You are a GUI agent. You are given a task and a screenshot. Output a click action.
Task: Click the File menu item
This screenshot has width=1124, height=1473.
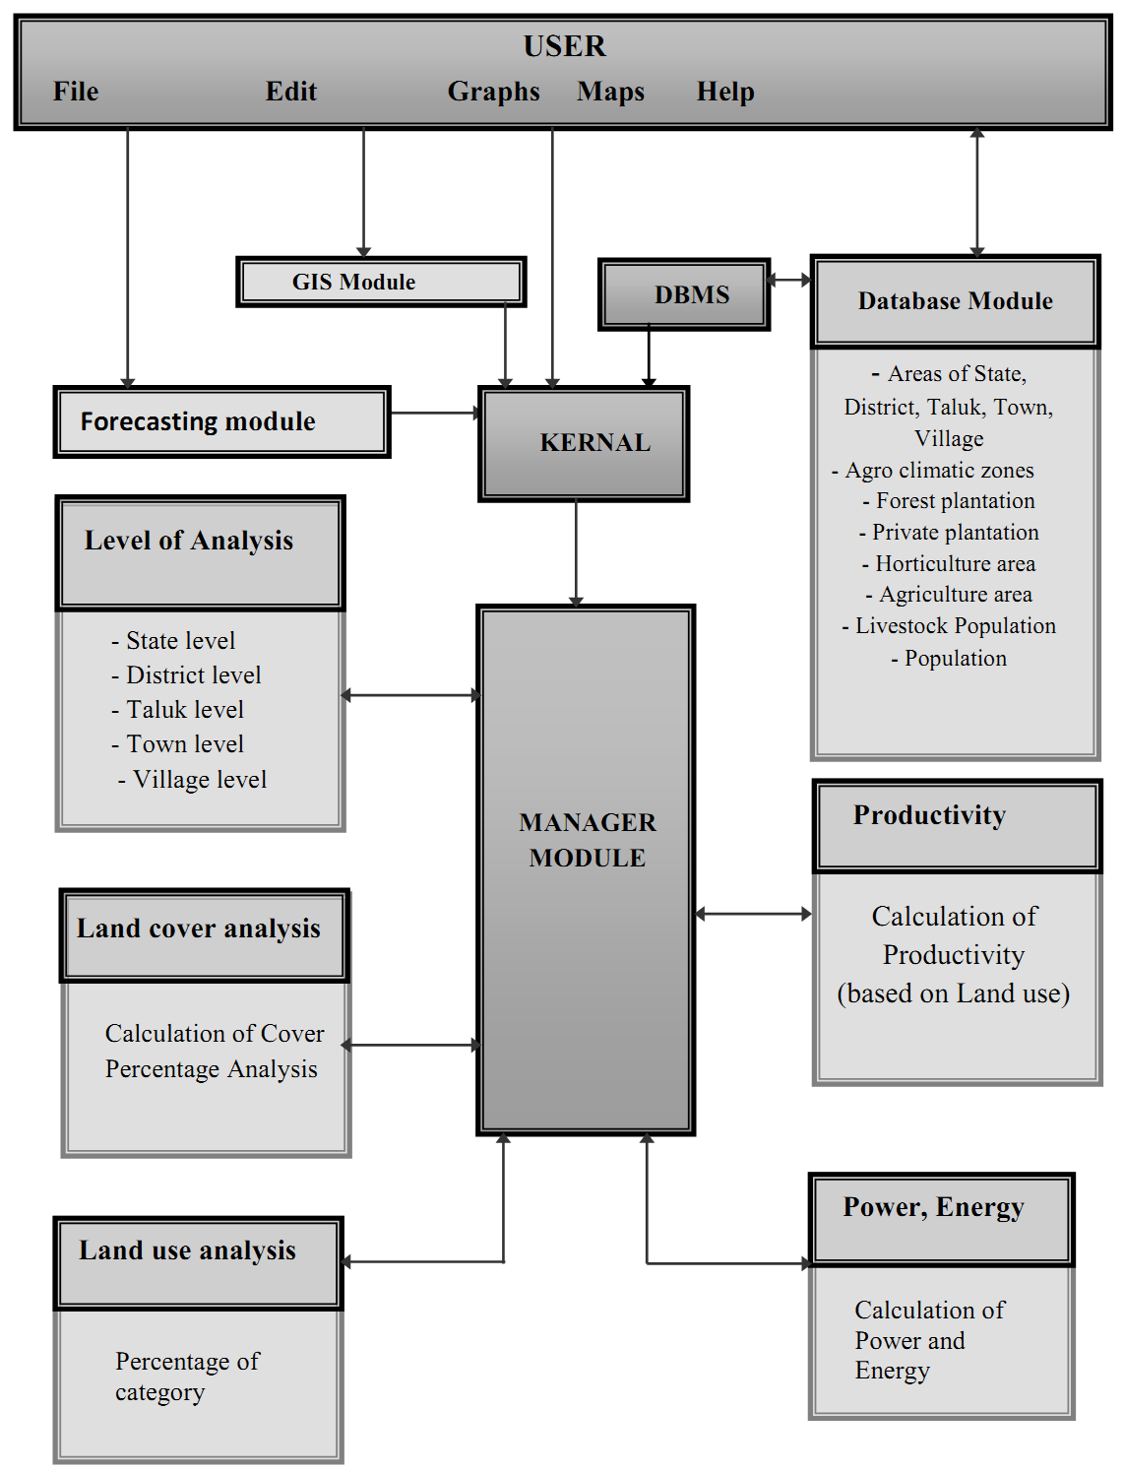76,92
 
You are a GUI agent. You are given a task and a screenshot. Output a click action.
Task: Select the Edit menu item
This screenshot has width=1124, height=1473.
291,92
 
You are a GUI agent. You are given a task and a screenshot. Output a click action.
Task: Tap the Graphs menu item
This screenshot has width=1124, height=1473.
493,92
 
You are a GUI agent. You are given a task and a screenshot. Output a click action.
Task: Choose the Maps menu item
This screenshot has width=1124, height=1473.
610,92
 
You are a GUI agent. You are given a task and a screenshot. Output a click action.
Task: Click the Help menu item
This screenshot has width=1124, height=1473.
725,92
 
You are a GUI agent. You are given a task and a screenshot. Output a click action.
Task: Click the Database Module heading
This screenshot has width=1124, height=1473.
955,301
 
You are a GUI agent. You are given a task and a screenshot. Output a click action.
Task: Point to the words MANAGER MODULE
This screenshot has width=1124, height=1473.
587,840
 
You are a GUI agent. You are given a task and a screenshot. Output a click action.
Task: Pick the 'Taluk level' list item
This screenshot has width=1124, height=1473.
184,710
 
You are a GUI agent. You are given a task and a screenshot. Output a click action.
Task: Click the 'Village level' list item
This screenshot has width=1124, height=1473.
199,780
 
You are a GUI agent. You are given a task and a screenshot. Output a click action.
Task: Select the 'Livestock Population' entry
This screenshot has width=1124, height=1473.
955,626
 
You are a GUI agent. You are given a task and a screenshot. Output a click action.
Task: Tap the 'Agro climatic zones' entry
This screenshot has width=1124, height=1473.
939,471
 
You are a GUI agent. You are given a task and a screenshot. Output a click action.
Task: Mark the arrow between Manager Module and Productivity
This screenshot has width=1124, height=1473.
753,914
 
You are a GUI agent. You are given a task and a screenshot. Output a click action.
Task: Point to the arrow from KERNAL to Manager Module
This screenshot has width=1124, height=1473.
576,551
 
